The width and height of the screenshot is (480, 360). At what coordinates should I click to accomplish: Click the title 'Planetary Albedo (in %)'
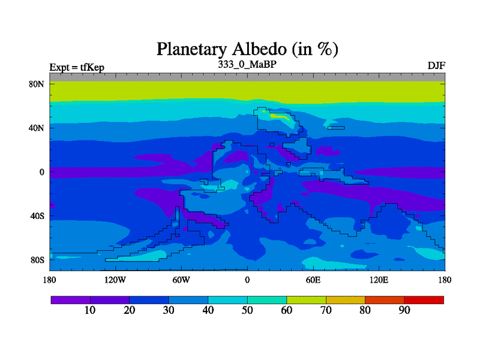[x=247, y=49]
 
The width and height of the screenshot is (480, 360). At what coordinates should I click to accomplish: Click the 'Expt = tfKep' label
[x=77, y=67]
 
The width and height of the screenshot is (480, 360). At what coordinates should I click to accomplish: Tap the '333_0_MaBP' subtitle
[x=247, y=64]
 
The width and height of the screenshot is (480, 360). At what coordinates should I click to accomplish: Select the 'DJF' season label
[x=436, y=65]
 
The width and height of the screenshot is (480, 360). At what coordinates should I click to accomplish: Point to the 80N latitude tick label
[x=37, y=84]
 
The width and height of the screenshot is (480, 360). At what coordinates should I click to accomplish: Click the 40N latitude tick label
[x=37, y=128]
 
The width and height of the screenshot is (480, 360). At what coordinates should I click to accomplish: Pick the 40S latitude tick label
[x=37, y=216]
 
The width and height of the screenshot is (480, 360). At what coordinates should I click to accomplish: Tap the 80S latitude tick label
[x=37, y=260]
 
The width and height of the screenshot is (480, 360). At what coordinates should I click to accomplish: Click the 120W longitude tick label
[x=115, y=280]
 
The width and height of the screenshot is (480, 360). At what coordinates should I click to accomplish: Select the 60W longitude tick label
[x=181, y=280]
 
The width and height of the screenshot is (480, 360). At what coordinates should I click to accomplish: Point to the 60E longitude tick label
[x=313, y=280]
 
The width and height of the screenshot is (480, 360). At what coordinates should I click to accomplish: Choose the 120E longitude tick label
[x=379, y=280]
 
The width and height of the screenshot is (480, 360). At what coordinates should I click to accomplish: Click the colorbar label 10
[x=90, y=310]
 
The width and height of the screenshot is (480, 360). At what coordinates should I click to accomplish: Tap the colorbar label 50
[x=247, y=310]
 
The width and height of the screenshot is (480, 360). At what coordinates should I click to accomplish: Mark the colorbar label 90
[x=404, y=310]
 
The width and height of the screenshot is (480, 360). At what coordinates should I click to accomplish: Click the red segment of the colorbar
[x=424, y=300]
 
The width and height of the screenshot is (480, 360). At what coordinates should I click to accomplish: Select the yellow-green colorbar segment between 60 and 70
[x=307, y=300]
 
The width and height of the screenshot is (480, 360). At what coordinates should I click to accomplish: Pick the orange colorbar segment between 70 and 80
[x=346, y=300]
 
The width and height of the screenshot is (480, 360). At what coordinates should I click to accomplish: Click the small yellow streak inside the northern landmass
[x=280, y=116]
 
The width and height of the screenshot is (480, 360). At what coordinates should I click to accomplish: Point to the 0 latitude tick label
[x=41, y=172]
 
